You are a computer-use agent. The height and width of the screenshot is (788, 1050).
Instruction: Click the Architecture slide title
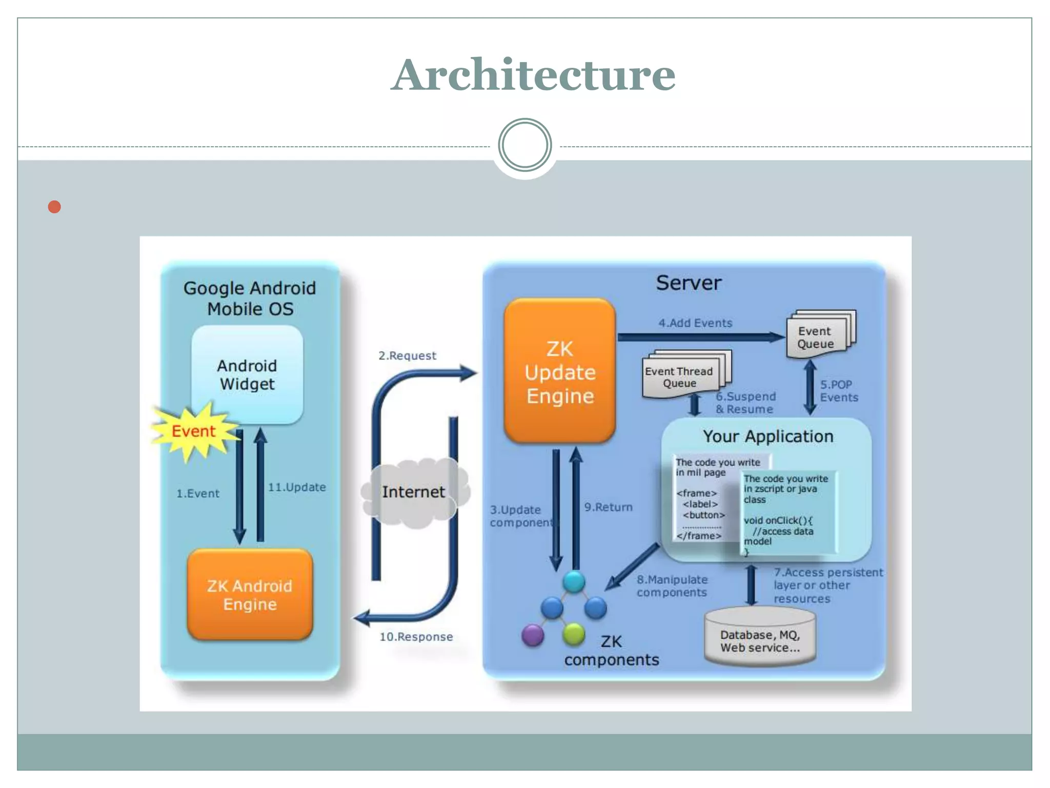(533, 75)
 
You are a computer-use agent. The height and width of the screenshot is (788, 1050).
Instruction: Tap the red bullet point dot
(54, 207)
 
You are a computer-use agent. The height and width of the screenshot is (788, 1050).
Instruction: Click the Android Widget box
(247, 375)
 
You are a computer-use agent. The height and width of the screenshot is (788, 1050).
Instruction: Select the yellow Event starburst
(193, 431)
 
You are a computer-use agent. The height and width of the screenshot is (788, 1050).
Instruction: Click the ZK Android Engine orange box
(250, 595)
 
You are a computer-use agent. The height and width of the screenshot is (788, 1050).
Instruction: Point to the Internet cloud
(413, 492)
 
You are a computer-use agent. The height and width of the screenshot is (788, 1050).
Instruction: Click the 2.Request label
(407, 356)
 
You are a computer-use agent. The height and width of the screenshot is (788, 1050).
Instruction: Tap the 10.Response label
(416, 637)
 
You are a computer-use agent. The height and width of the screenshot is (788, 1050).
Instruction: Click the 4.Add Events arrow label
(695, 323)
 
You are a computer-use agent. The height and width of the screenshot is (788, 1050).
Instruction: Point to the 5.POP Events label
(838, 391)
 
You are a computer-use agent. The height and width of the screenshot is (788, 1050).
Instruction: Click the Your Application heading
(768, 437)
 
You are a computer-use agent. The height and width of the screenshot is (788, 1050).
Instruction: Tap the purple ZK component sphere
(533, 635)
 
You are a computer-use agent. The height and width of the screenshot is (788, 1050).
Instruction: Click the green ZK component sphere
(574, 634)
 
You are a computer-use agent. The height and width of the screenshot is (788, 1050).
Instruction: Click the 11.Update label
(297, 487)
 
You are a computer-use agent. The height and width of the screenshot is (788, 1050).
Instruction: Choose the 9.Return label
(608, 507)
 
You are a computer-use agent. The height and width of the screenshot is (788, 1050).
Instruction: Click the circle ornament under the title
(524, 145)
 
